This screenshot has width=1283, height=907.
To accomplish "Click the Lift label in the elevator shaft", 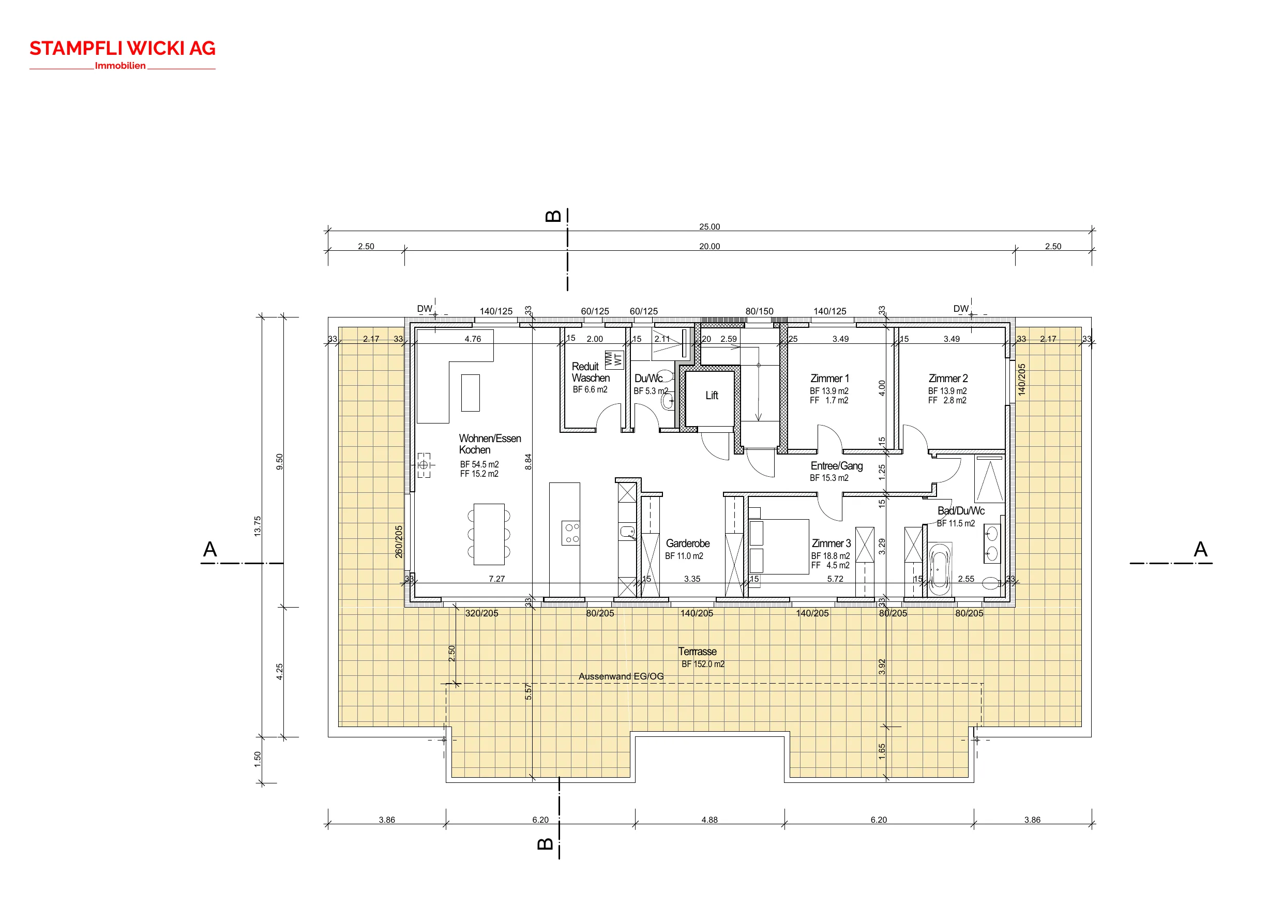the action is click(x=712, y=396).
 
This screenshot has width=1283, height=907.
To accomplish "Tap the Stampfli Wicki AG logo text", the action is click(x=123, y=49).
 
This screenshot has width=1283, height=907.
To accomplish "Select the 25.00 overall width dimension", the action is click(x=710, y=226).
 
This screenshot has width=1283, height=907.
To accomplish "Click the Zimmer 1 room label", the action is click(x=829, y=379).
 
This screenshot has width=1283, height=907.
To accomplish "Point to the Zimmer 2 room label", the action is click(x=948, y=379).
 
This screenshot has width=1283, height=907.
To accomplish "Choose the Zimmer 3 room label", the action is click(x=831, y=543).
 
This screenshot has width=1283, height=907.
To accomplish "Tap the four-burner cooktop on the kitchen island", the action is click(x=570, y=533).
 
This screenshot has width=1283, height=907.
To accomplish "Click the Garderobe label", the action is click(x=687, y=543).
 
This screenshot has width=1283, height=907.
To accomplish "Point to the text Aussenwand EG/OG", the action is click(x=621, y=676).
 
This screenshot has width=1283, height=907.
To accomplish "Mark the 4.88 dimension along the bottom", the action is click(x=710, y=820).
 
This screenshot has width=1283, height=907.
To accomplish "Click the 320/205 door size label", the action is click(x=481, y=613).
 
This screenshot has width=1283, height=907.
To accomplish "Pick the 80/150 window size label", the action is click(x=760, y=311).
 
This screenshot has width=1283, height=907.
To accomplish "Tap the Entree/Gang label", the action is click(x=837, y=466).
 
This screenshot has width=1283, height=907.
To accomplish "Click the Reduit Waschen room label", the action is click(x=590, y=372).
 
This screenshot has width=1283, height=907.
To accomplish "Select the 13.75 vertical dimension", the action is click(x=258, y=526).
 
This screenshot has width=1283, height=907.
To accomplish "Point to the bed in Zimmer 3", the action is click(x=778, y=547).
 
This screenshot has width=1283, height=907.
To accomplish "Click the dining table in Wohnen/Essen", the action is click(x=489, y=534).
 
